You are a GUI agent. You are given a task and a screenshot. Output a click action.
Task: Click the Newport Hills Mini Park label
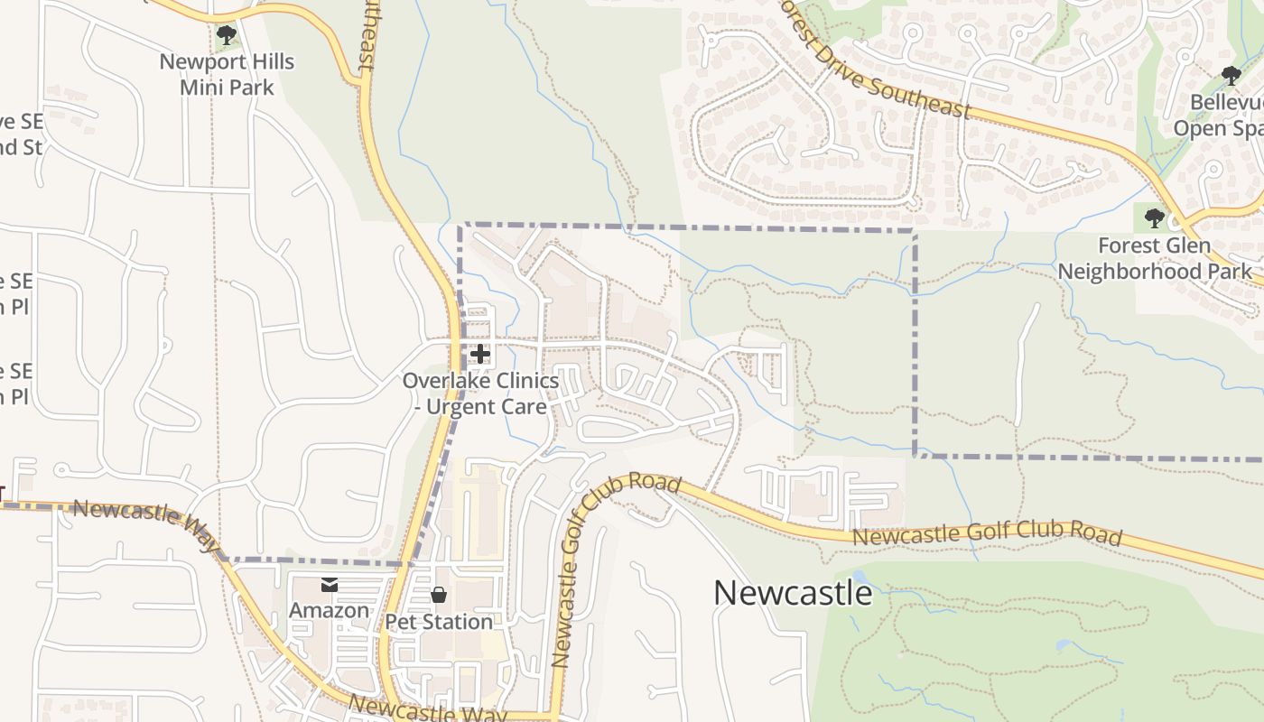click(227, 74)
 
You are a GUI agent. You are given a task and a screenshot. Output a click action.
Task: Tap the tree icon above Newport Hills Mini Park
click(227, 35)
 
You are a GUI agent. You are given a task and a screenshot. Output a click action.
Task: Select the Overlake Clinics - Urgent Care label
click(480, 393)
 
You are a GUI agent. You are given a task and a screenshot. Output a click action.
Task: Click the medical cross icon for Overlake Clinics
click(480, 353)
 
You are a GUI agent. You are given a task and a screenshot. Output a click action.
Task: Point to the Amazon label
click(329, 610)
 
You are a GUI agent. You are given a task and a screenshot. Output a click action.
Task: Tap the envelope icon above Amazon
click(330, 586)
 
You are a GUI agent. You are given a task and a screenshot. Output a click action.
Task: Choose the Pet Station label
click(439, 622)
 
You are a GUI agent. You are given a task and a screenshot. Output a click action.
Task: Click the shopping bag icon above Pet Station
click(439, 595)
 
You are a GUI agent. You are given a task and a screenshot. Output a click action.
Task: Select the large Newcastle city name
click(793, 593)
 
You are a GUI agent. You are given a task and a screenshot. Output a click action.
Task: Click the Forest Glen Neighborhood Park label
click(1155, 258)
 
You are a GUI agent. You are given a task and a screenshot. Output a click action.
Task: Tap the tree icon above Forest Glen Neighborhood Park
click(1154, 218)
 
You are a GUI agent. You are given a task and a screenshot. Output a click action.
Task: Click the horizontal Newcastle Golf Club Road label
click(987, 533)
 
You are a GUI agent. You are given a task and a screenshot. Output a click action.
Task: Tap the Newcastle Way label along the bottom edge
click(427, 709)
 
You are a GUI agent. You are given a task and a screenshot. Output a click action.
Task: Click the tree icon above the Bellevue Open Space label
click(1231, 75)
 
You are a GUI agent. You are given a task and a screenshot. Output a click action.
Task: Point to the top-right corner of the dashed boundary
click(915, 231)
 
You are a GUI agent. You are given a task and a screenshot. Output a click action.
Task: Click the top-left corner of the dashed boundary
click(460, 225)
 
